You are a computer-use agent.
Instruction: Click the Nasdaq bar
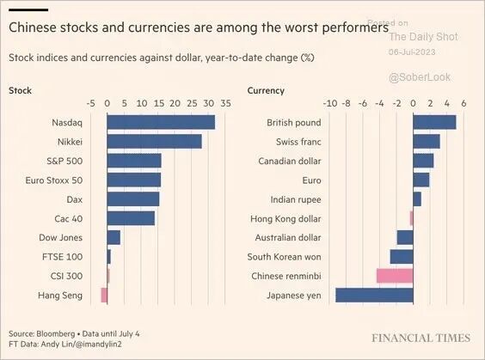(x=161, y=122)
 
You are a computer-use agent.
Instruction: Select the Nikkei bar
(x=154, y=142)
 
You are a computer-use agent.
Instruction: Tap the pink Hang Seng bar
(x=104, y=295)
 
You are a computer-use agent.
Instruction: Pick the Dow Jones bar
(x=114, y=238)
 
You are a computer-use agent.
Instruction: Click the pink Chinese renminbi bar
(x=395, y=276)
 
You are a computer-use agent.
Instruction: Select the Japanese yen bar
(x=374, y=295)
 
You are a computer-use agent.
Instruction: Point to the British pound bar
(x=434, y=122)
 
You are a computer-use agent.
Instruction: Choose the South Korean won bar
(x=402, y=257)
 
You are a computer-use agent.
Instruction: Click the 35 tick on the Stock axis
(x=225, y=103)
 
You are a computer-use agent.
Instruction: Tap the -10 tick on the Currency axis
(x=329, y=103)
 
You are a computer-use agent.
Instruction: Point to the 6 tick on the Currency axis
(x=464, y=103)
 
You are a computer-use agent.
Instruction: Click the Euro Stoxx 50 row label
(x=54, y=180)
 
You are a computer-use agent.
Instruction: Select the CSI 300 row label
(x=66, y=276)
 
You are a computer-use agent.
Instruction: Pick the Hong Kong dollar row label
(x=285, y=219)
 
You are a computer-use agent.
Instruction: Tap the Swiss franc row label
(x=298, y=142)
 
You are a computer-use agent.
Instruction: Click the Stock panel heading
(x=20, y=90)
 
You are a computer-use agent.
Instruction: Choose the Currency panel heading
(x=266, y=91)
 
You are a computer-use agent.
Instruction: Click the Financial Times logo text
(x=421, y=338)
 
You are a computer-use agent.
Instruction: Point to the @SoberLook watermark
(x=420, y=77)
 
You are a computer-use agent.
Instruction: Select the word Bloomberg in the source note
(x=56, y=333)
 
